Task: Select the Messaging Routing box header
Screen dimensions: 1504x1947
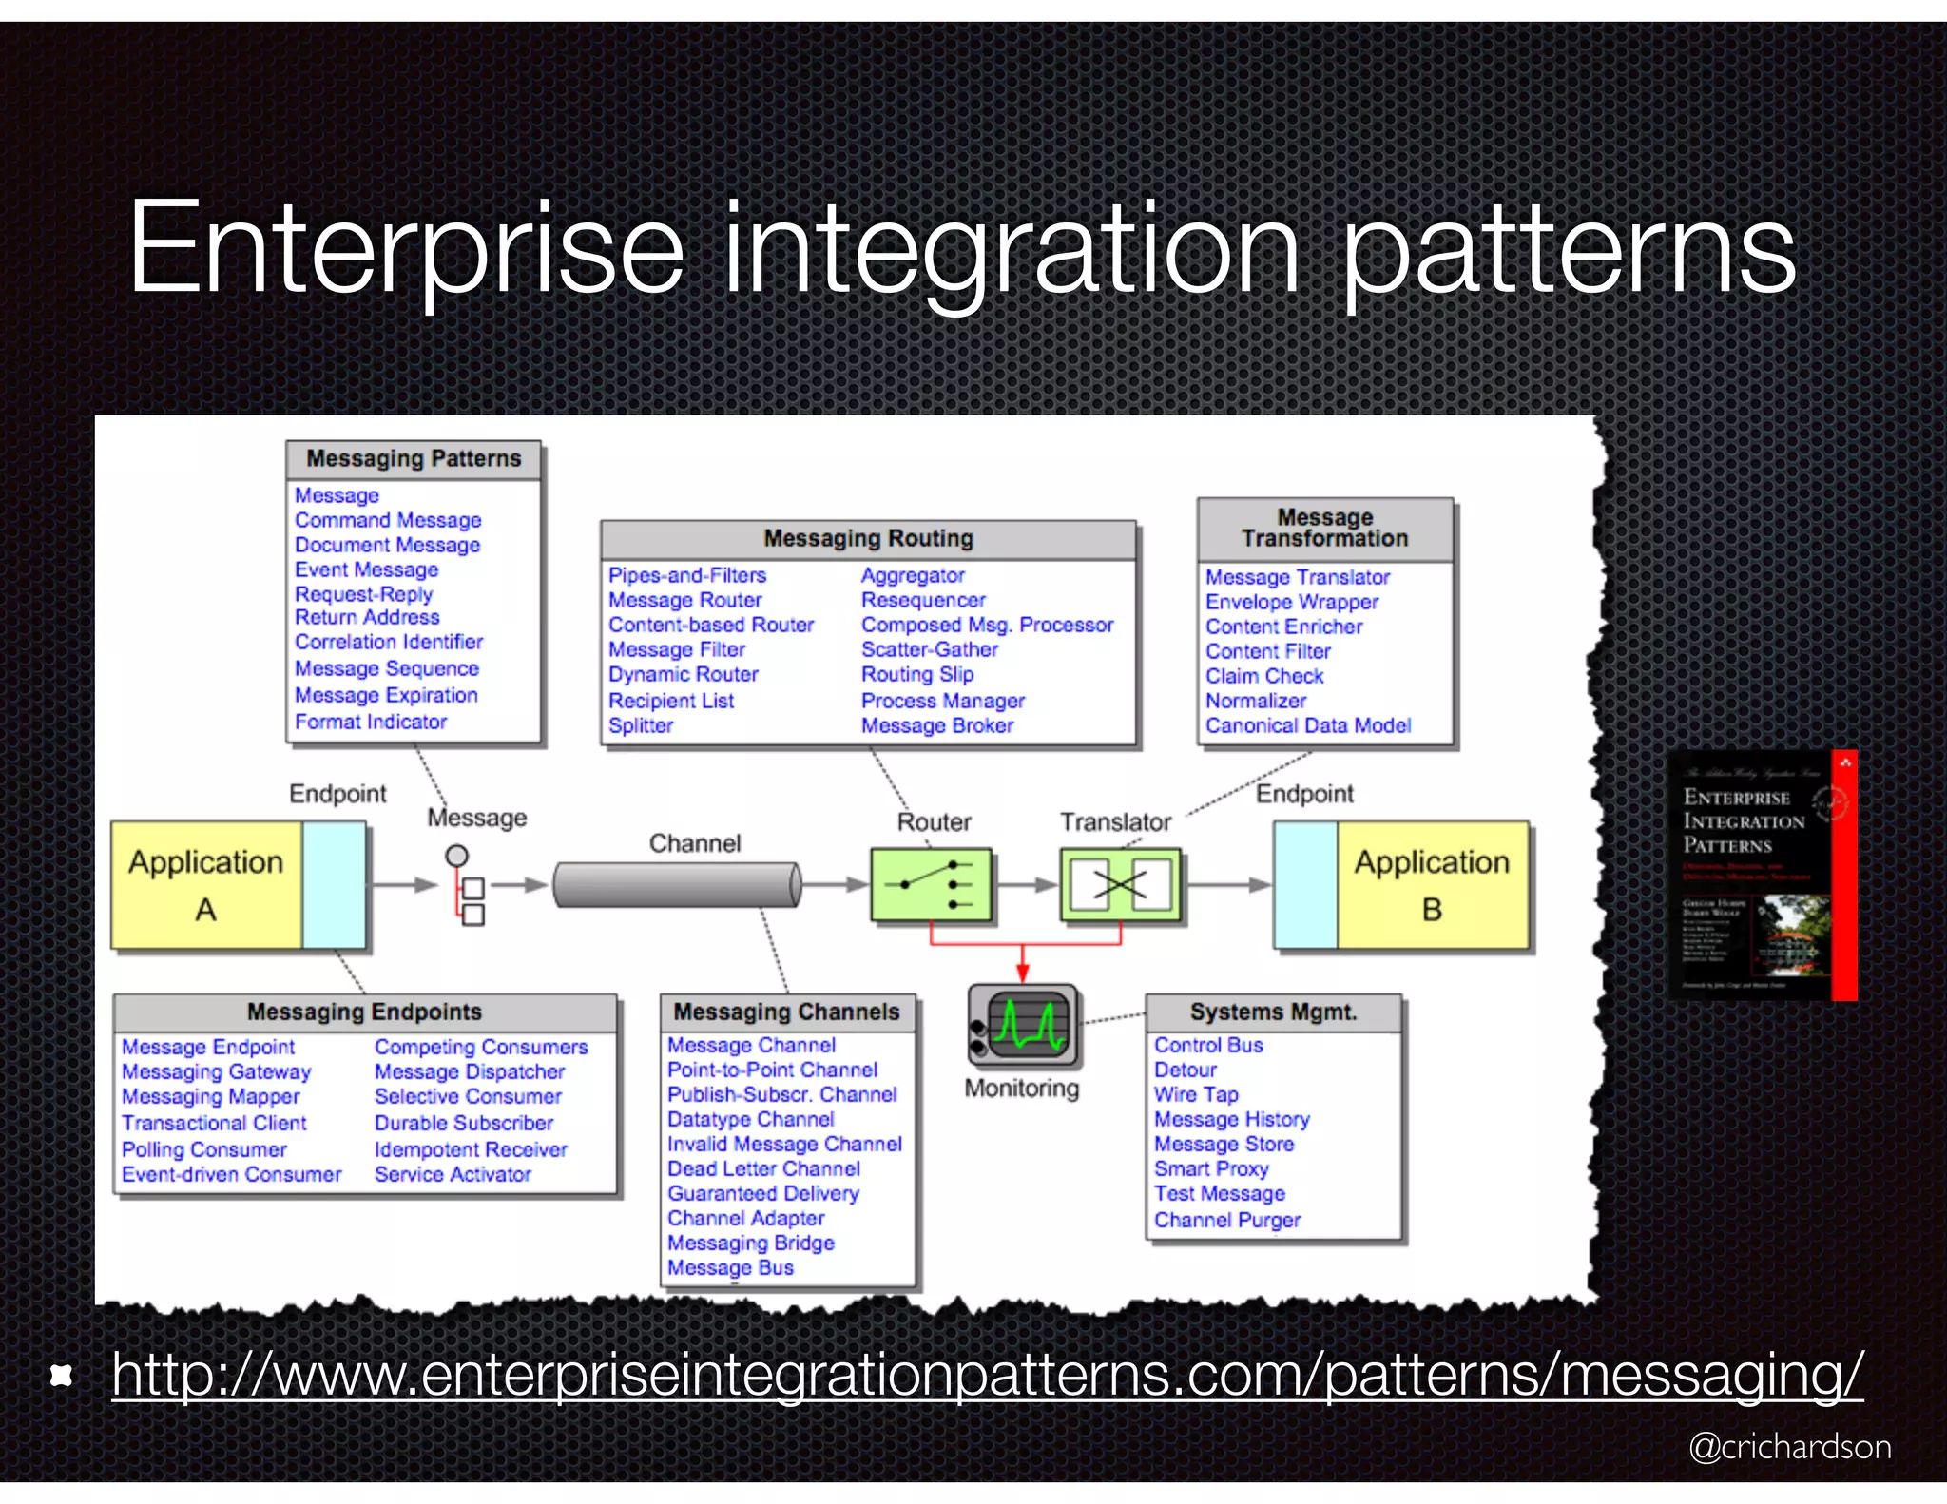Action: (868, 539)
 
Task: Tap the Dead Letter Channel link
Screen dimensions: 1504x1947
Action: (763, 1168)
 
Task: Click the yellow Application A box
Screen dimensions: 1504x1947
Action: (206, 885)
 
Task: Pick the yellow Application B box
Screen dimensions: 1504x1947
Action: (1432, 885)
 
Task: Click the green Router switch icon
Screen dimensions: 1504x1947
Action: (931, 885)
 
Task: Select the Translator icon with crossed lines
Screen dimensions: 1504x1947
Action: (1120, 885)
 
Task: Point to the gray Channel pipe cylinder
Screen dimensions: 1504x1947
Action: (677, 885)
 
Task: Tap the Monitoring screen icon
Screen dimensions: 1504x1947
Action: (1023, 1025)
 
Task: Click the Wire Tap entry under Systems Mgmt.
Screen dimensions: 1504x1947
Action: (1196, 1094)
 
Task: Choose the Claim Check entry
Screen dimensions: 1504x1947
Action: (1264, 676)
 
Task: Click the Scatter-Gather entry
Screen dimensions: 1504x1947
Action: (929, 649)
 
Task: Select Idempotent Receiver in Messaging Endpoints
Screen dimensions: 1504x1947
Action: (471, 1149)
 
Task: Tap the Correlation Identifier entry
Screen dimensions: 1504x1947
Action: (388, 642)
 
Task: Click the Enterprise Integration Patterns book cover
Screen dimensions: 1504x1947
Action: (1762, 875)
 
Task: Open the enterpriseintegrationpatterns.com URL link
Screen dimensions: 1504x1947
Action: (987, 1375)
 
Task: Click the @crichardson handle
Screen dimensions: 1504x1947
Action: (1789, 1447)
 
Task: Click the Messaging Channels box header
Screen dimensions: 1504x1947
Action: (786, 1012)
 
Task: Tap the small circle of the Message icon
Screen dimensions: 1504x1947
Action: (457, 856)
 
